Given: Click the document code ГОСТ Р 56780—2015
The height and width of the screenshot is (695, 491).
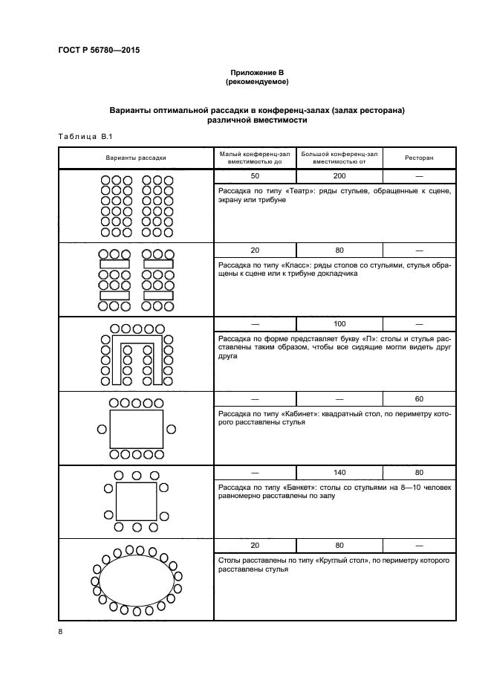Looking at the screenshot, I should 99,51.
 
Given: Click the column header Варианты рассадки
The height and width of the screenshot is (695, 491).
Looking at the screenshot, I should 136,158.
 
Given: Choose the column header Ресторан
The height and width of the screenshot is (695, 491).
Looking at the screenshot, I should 419,158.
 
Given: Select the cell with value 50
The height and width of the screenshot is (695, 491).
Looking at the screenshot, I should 255,176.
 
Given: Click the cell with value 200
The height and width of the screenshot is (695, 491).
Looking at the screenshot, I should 339,176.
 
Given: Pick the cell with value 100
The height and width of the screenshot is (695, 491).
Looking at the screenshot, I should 339,324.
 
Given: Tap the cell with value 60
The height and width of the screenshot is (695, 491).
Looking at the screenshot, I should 419,398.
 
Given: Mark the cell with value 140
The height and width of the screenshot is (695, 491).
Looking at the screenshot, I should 339,472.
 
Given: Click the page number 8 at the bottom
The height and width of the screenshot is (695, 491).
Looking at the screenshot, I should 60,631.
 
